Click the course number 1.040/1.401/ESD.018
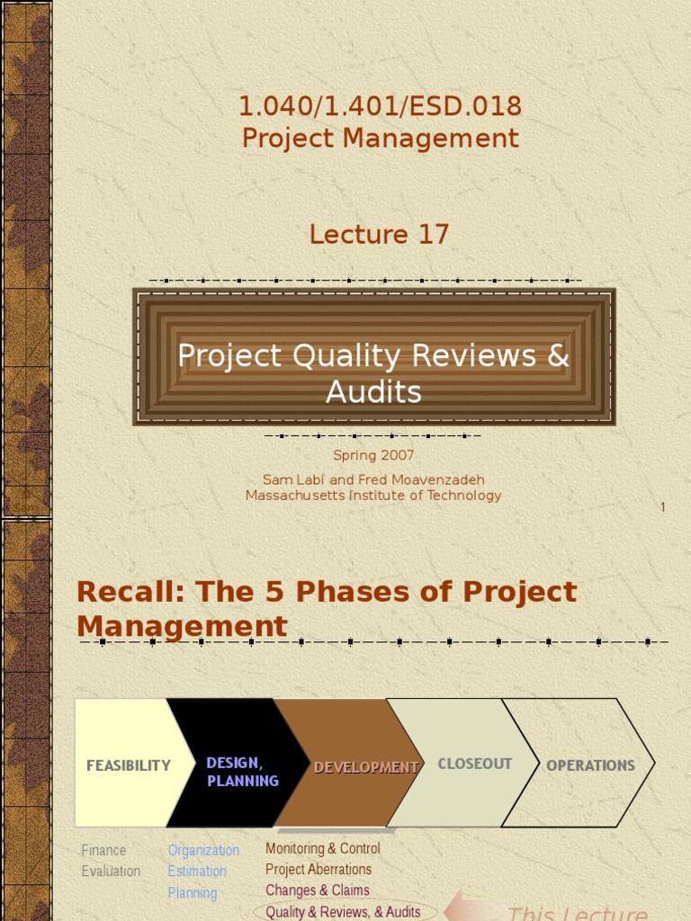click(x=380, y=106)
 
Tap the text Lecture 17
click(x=379, y=235)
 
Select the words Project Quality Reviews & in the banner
click(x=373, y=356)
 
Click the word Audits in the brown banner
click(x=373, y=392)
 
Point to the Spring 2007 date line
click(x=373, y=456)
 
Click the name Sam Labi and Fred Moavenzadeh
click(x=373, y=479)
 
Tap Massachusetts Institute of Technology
click(x=373, y=496)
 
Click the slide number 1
click(x=663, y=507)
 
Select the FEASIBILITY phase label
click(x=129, y=765)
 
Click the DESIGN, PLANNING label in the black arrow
click(x=242, y=772)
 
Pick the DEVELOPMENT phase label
click(x=366, y=767)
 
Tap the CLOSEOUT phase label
click(x=474, y=764)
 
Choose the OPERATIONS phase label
click(x=590, y=765)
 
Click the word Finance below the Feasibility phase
click(x=103, y=850)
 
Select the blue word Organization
click(x=203, y=850)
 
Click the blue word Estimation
click(x=197, y=871)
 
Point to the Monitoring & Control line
click(x=322, y=848)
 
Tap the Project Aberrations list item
click(x=318, y=869)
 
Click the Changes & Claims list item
click(x=317, y=890)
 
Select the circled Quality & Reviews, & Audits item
click(x=343, y=911)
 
